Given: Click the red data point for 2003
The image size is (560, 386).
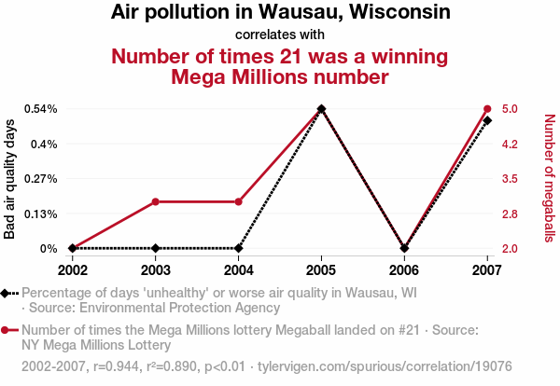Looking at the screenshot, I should pos(156,201).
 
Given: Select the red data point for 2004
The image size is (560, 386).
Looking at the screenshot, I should pos(239,201).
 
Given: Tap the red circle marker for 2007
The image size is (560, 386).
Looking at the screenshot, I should pos(487,109).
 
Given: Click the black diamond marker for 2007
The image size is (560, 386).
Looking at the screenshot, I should pos(487,120).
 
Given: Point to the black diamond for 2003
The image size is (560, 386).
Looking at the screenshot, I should pos(156,248).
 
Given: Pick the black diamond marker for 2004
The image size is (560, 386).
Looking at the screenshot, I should pos(239,248).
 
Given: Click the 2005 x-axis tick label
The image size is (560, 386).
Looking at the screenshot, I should pos(322,269).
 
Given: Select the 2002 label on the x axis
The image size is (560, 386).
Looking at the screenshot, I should pos(73,269).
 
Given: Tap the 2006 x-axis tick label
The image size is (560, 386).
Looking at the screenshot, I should pos(404,269).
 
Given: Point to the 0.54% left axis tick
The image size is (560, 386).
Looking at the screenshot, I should pos(40,109).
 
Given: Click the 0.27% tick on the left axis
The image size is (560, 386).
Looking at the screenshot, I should pos(40,179).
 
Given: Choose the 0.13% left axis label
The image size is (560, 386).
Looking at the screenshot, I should pos(40,214).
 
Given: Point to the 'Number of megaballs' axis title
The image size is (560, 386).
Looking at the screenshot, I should pos(549,178).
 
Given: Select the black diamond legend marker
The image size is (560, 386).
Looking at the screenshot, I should pos(7,293).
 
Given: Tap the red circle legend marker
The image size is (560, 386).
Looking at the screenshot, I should pos(7,330).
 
